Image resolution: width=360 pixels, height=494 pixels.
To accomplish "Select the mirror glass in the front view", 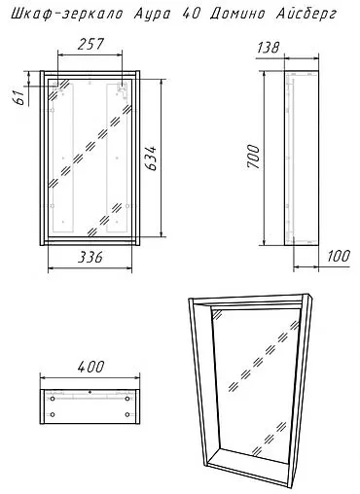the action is [x=90, y=156].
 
